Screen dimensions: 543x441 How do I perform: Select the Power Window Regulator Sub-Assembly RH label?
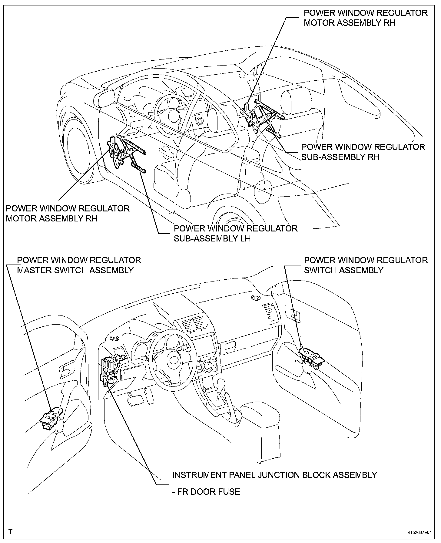click(363, 152)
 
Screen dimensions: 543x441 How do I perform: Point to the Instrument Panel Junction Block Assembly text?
click(274, 475)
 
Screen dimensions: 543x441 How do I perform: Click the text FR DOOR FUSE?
click(206, 491)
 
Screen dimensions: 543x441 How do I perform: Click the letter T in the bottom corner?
click(11, 532)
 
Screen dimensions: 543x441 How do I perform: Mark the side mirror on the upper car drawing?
click(104, 98)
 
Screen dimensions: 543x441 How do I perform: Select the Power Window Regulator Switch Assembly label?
click(366, 265)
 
